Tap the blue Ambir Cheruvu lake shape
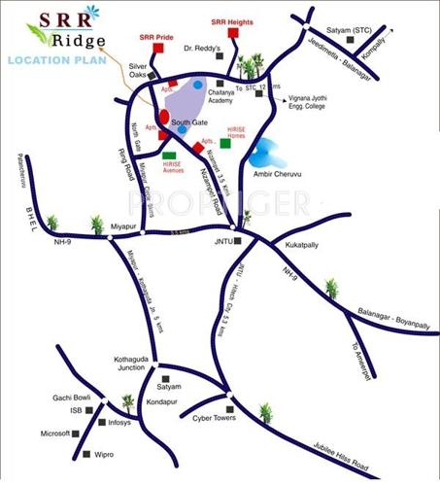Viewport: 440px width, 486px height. pos(263,154)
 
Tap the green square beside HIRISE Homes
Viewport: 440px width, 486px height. pos(225,143)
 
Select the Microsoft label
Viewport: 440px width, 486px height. pos(55,434)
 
